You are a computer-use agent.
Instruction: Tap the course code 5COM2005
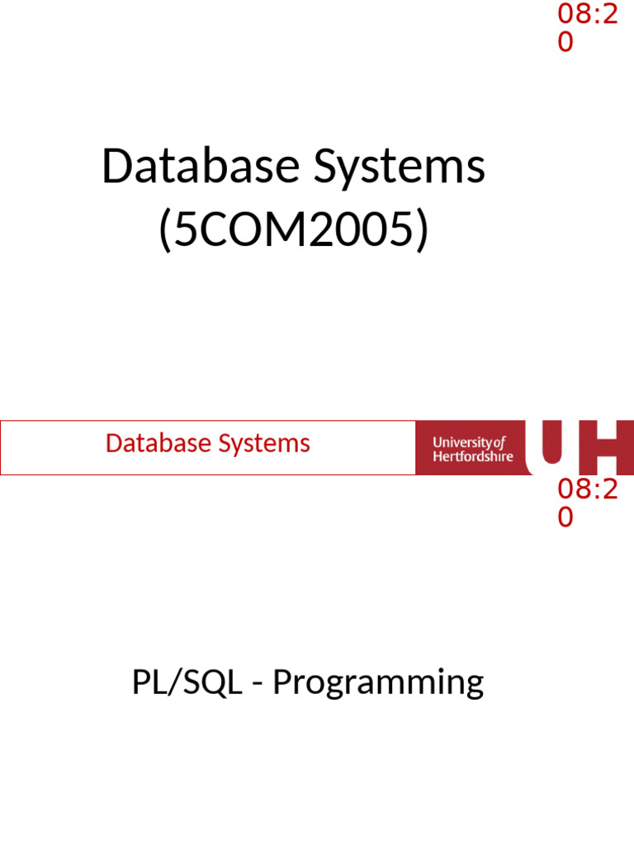[294, 231]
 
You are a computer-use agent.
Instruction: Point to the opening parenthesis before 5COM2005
[166, 233]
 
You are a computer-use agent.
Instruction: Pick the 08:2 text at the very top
[587, 14]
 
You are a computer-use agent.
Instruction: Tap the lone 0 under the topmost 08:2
[565, 42]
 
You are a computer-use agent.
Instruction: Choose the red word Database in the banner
[158, 444]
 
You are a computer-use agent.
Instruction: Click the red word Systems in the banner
[264, 445]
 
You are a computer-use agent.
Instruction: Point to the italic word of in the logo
[499, 442]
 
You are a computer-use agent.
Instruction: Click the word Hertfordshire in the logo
[473, 456]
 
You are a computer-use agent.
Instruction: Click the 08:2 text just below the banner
[587, 489]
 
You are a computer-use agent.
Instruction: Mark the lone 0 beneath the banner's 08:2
[565, 517]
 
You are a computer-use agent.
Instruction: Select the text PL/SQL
[187, 683]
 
